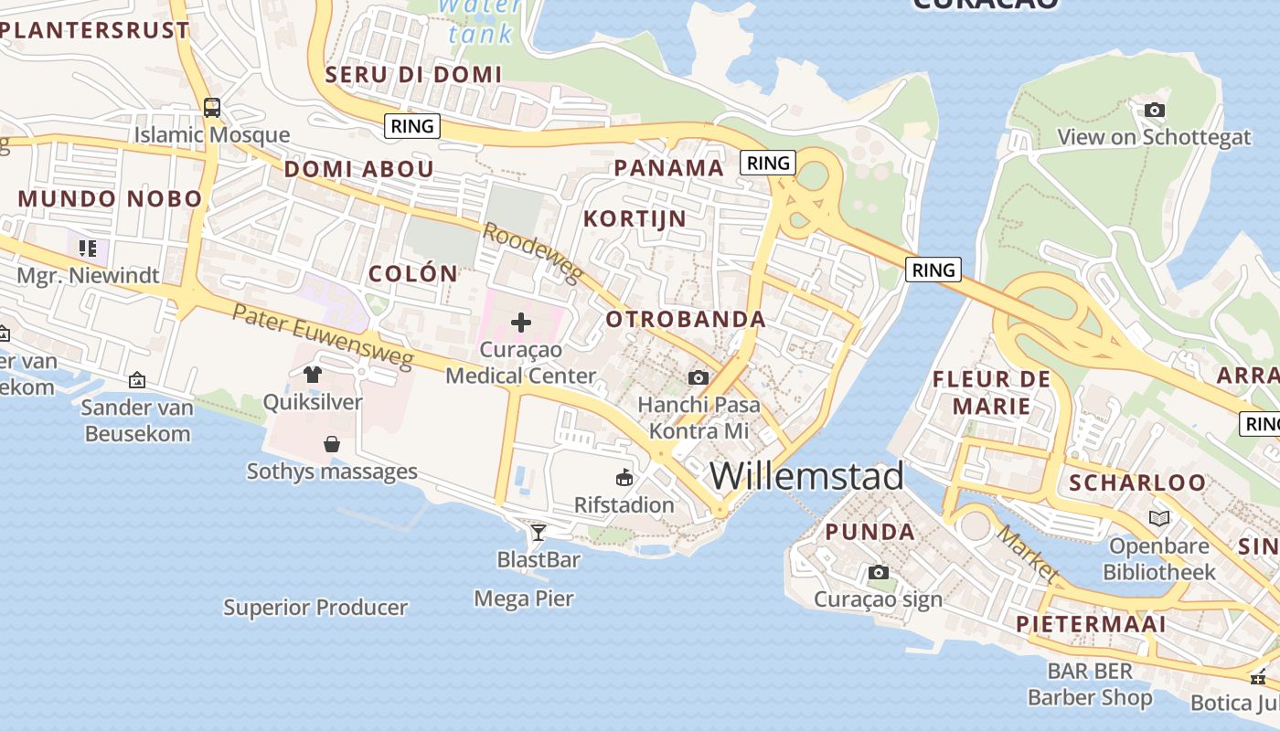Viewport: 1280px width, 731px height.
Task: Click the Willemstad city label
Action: (806, 476)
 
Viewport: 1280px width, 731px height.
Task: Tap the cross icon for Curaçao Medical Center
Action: (521, 322)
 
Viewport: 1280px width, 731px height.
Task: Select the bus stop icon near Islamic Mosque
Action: (212, 108)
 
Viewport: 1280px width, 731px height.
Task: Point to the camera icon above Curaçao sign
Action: (878, 572)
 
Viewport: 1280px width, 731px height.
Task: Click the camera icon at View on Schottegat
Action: (1155, 110)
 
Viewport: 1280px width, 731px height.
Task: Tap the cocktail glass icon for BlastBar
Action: (539, 532)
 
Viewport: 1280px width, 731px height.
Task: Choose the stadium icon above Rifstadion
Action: (624, 477)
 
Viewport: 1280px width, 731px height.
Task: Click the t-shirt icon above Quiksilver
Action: (313, 374)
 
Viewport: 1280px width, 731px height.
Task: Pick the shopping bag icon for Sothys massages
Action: (332, 444)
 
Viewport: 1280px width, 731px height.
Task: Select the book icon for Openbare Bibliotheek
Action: (1159, 518)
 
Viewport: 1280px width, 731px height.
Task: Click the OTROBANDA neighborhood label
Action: (686, 319)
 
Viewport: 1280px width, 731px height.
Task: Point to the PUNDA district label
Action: (869, 532)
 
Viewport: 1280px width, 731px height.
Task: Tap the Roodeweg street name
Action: (531, 253)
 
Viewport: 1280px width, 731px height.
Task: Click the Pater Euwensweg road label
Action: (322, 337)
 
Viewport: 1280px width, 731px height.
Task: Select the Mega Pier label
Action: (524, 599)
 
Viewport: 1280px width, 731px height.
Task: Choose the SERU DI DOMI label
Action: (414, 74)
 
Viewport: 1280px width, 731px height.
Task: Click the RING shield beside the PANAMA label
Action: (767, 163)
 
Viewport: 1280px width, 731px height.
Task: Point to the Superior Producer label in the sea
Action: (315, 607)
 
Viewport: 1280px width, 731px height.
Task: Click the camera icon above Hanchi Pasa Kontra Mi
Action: (699, 377)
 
